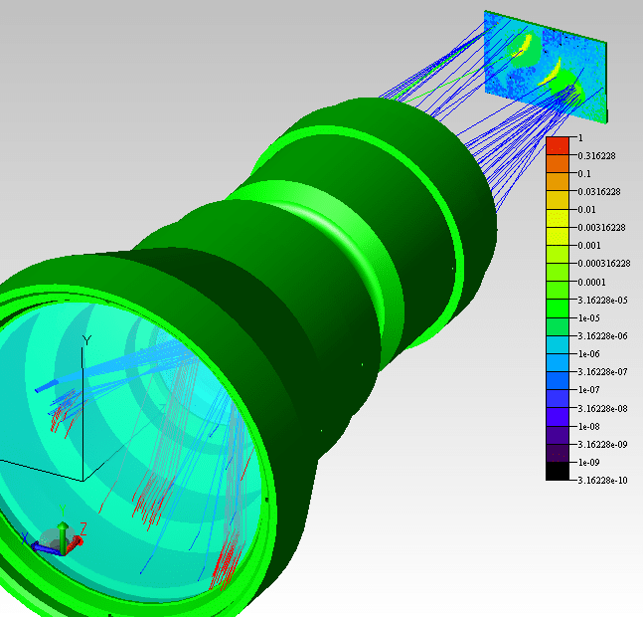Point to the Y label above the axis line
point(86,340)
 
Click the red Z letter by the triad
point(83,528)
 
